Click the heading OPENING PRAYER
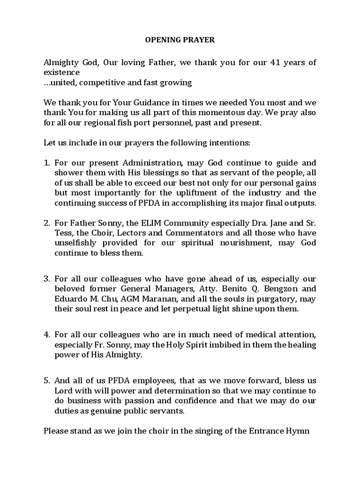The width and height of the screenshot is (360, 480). pos(179,40)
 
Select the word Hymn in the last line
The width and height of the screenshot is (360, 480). pos(300,431)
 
